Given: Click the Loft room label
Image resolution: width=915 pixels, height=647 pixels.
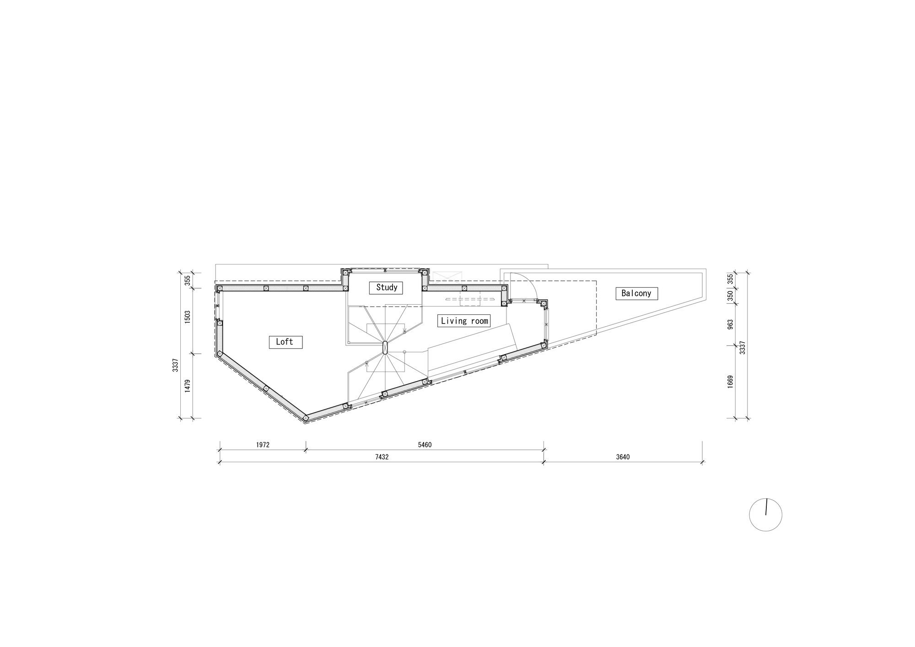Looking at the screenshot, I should pos(285,342).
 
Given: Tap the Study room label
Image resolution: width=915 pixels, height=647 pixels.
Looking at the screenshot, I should pos(386,287).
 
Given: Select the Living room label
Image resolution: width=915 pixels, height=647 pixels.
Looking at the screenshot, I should pos(464,321).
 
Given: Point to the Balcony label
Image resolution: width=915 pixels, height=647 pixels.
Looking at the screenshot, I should pos(636,293).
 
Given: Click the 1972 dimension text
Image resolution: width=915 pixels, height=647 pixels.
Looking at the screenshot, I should pos(263,445).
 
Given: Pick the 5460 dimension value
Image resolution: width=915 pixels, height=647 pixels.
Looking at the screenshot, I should pos(424,445).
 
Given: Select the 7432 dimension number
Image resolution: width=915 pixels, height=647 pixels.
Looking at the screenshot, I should pos(381,457).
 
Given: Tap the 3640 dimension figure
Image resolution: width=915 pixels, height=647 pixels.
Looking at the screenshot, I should pos(622,457).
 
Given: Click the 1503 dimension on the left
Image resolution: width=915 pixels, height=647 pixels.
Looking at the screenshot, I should pos(188,317).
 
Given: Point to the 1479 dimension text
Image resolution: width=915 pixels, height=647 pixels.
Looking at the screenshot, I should pos(188,386).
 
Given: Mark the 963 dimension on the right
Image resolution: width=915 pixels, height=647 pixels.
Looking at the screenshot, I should pos(730,324).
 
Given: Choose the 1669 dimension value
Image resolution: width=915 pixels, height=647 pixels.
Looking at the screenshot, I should pos(730,382).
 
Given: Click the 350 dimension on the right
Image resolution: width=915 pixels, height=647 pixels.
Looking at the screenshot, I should pos(730,296).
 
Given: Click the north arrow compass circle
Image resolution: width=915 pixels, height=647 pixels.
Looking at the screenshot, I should pos(765,515).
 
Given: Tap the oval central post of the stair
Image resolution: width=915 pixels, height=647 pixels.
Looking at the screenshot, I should pos(385,348).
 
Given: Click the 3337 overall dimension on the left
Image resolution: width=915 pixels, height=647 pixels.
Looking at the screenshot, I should pos(175,365).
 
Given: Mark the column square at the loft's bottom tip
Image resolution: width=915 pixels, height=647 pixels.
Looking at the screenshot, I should pos(306,417).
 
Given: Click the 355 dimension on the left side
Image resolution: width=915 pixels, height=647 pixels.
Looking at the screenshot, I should pos(188,280).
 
